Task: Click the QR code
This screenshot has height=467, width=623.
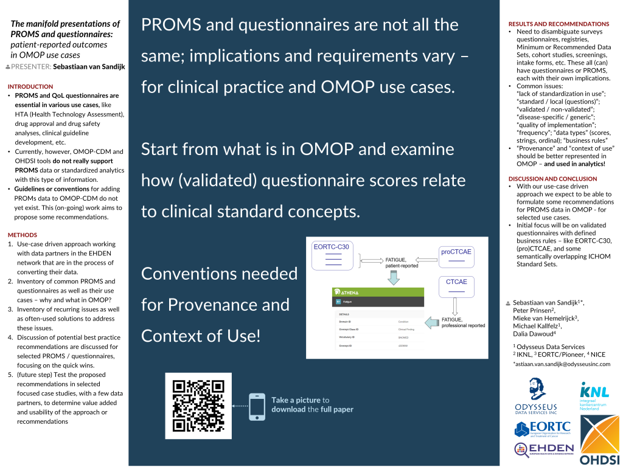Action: pyautogui.click(x=198, y=406)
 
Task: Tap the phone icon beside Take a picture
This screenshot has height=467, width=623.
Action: pyautogui.click(x=257, y=406)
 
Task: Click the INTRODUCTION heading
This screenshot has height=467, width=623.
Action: pyautogui.click(x=30, y=86)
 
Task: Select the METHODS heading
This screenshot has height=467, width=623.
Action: pyautogui.click(x=23, y=235)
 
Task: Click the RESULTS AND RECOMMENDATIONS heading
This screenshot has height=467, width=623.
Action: pyautogui.click(x=559, y=24)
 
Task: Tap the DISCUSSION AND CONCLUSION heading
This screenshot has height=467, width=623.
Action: pyautogui.click(x=552, y=179)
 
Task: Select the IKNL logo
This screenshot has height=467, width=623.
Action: pyautogui.click(x=594, y=397)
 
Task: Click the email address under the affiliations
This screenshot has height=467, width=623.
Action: pyautogui.click(x=557, y=363)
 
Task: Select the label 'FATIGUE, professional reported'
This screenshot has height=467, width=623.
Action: pyautogui.click(x=463, y=322)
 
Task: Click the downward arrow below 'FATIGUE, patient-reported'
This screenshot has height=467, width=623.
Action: pyautogui.click(x=393, y=277)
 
